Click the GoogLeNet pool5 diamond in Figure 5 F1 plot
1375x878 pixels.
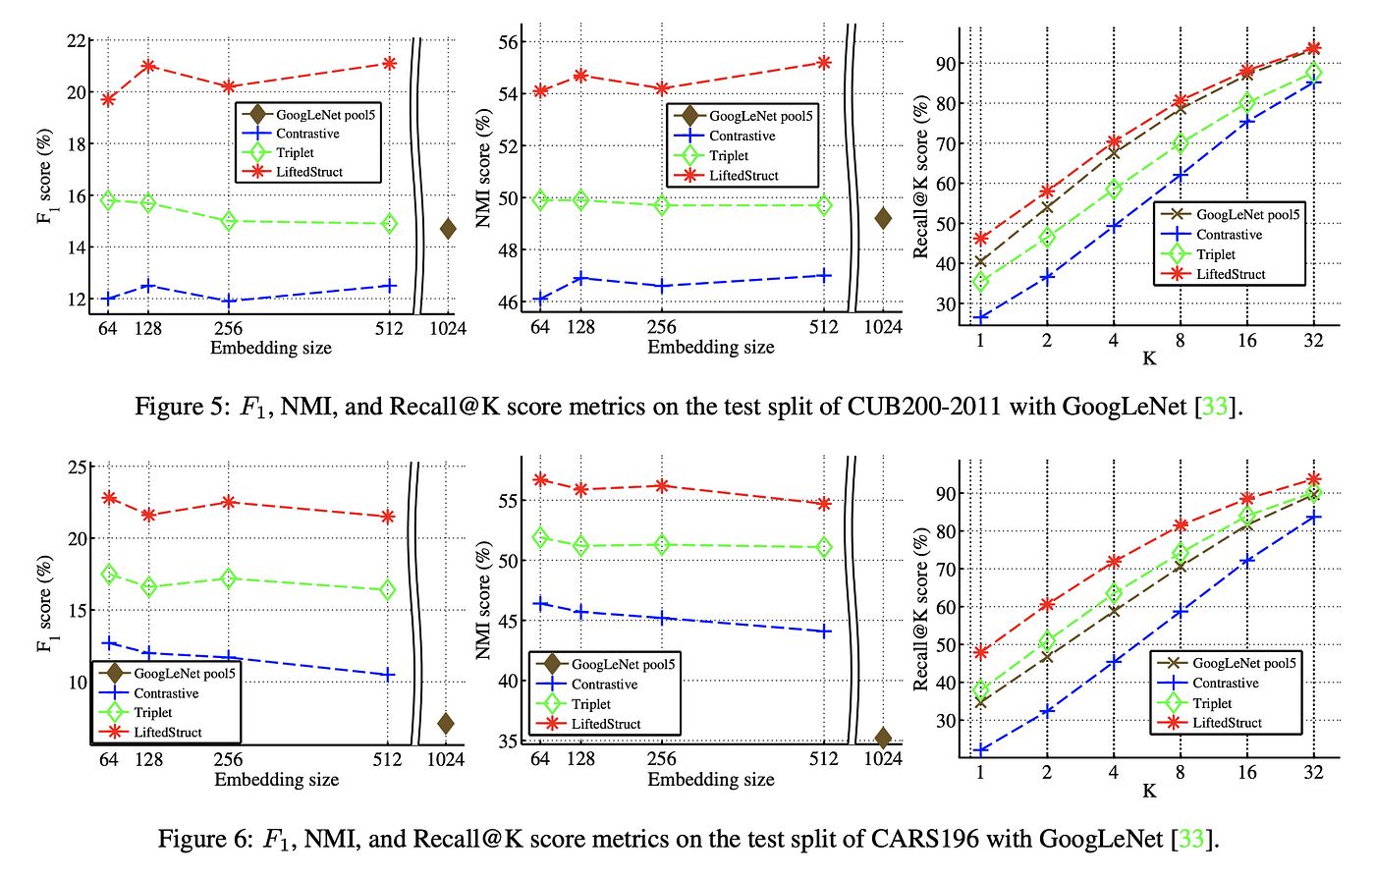coord(448,229)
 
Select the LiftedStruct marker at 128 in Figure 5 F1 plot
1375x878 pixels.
coord(148,66)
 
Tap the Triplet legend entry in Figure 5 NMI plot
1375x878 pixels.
coord(729,155)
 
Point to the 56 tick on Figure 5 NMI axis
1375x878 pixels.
coord(508,42)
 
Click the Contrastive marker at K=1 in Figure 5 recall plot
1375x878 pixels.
coord(980,317)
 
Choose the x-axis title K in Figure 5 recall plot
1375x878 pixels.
coord(1148,358)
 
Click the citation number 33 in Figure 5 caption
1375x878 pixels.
coord(1215,406)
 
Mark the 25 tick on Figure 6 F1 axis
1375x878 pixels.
coord(75,466)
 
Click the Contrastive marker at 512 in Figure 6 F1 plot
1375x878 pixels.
coord(389,675)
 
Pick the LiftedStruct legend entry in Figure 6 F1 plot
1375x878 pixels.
coord(168,732)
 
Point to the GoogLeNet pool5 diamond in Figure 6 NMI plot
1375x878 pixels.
coord(883,738)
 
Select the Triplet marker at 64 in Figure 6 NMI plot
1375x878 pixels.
coord(540,537)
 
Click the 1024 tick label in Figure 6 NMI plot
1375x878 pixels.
coord(883,759)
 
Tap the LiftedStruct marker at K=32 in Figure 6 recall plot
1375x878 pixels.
coord(1314,480)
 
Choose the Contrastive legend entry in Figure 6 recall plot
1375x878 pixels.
coord(1226,684)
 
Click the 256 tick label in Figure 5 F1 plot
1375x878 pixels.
coord(228,328)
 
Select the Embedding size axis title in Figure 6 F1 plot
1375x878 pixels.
coord(276,780)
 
